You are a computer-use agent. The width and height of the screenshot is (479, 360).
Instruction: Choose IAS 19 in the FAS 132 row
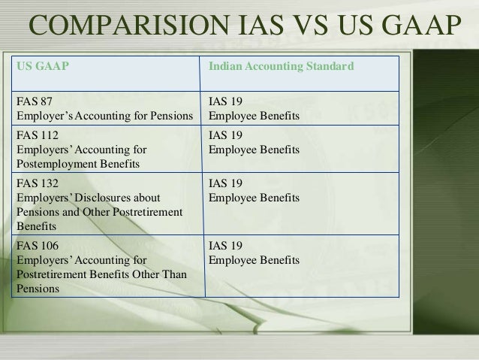tap(224, 183)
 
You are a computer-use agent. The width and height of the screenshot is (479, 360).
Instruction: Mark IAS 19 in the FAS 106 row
tap(224, 246)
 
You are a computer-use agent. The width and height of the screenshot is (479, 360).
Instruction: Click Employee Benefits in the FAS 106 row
tap(254, 260)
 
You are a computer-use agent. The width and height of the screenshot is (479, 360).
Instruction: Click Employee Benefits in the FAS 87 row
tap(254, 117)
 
